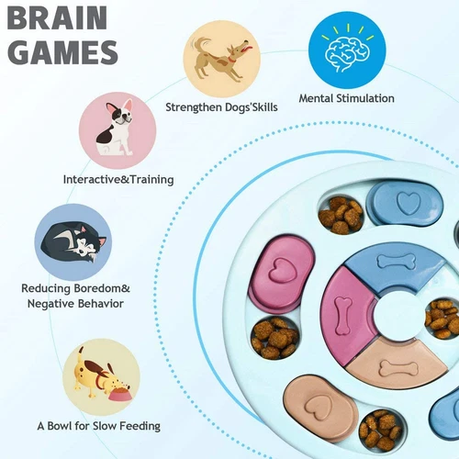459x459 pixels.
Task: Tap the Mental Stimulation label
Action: click(347, 98)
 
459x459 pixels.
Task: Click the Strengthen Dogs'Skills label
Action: click(221, 107)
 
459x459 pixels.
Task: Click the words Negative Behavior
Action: click(73, 304)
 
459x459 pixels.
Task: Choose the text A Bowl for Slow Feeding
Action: click(98, 426)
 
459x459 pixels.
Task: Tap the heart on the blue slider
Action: click(405, 202)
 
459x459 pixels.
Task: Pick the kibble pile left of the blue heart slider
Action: click(341, 212)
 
